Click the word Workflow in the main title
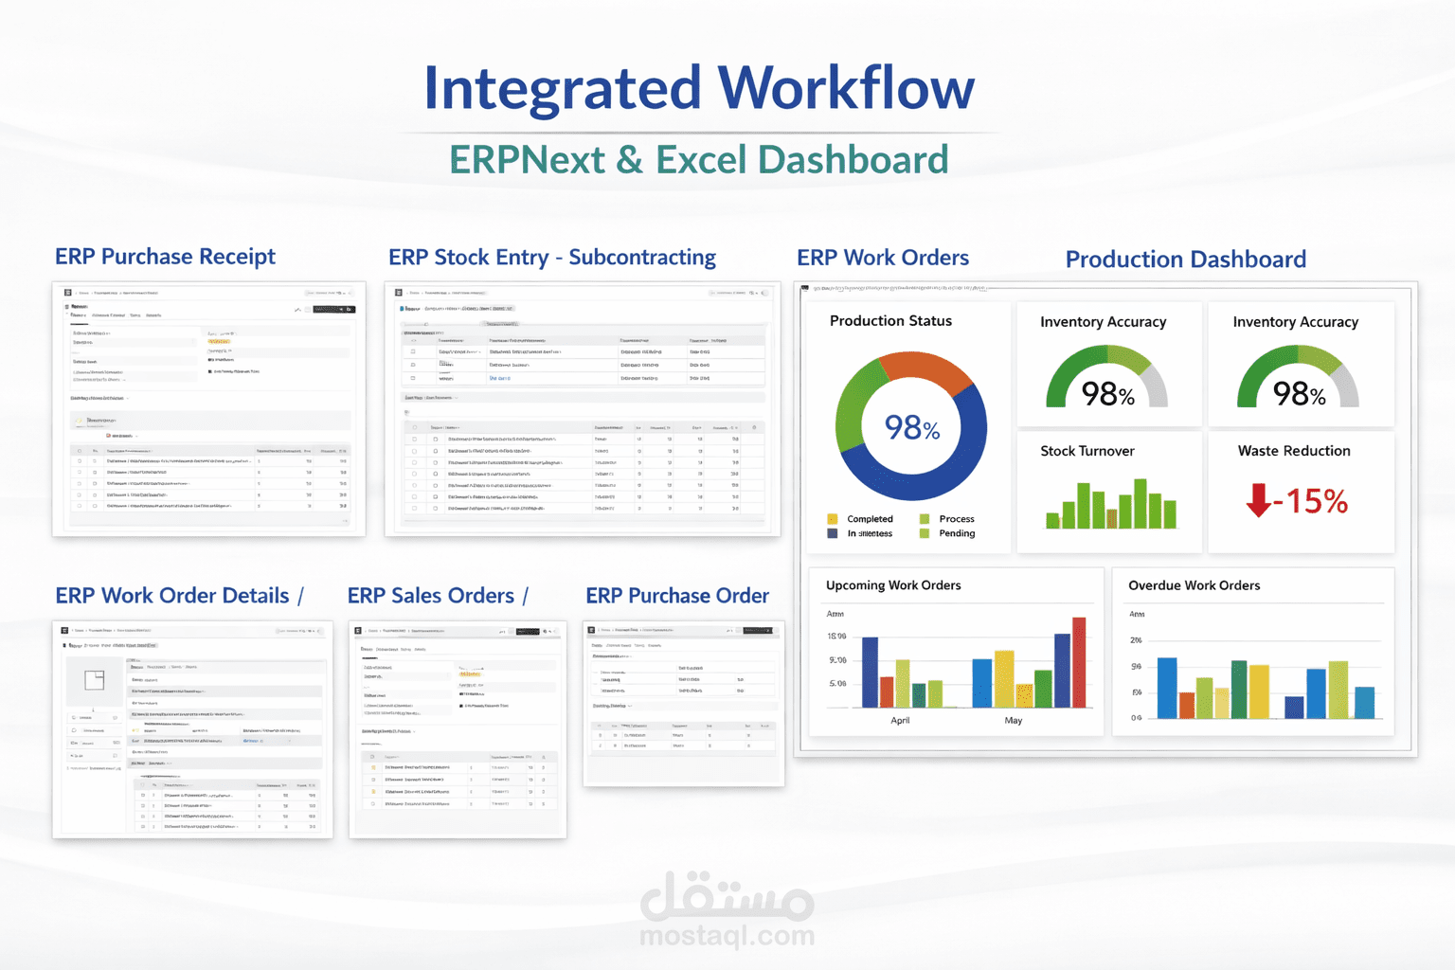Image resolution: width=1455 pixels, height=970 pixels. point(845,89)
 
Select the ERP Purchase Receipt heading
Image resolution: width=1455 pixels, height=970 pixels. point(165,257)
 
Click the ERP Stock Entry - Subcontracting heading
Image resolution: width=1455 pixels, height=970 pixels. point(551,258)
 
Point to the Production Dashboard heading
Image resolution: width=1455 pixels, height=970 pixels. point(1185,260)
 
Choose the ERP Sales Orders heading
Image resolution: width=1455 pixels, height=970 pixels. point(431,596)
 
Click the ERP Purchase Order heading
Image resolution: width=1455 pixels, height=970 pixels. point(677,596)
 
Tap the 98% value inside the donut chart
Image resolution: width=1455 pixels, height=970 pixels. point(911,428)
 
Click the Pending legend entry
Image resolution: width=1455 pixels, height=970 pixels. point(956,533)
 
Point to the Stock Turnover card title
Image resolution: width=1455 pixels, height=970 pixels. point(1087,451)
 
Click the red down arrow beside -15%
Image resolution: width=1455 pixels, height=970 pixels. point(1258,500)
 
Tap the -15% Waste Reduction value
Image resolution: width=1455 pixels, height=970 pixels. point(1311,501)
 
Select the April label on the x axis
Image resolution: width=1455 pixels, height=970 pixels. point(900,721)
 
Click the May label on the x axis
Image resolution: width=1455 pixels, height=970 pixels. point(1013,721)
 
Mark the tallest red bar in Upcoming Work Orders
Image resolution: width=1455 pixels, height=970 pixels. point(1079,662)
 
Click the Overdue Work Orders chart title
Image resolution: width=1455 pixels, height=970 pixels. point(1194,585)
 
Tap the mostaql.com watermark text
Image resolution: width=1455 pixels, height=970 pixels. point(727,936)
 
